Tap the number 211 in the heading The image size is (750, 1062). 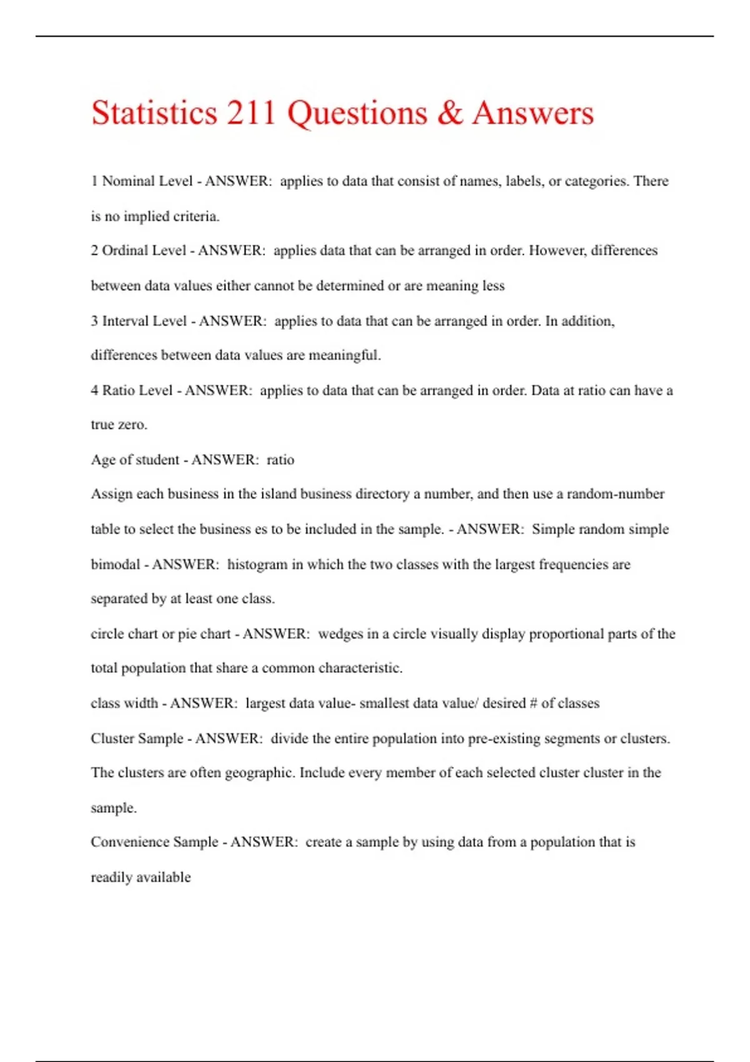click(251, 113)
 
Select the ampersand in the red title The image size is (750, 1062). click(449, 113)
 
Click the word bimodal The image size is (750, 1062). click(116, 565)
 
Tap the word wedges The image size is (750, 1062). click(340, 634)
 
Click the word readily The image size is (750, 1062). click(113, 878)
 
